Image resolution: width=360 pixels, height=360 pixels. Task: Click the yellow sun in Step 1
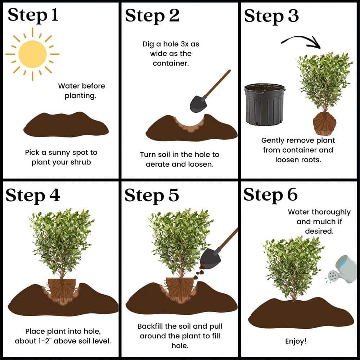click(32, 54)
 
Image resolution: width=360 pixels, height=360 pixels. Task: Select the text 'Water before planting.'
click(81, 91)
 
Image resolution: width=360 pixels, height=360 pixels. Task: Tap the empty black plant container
click(265, 104)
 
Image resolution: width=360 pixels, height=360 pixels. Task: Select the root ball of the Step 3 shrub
click(324, 123)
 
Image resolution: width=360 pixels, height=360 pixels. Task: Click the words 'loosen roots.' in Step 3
click(298, 159)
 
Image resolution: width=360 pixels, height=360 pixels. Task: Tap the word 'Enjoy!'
click(296, 341)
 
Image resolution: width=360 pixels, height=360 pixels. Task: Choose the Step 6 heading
click(271, 195)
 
